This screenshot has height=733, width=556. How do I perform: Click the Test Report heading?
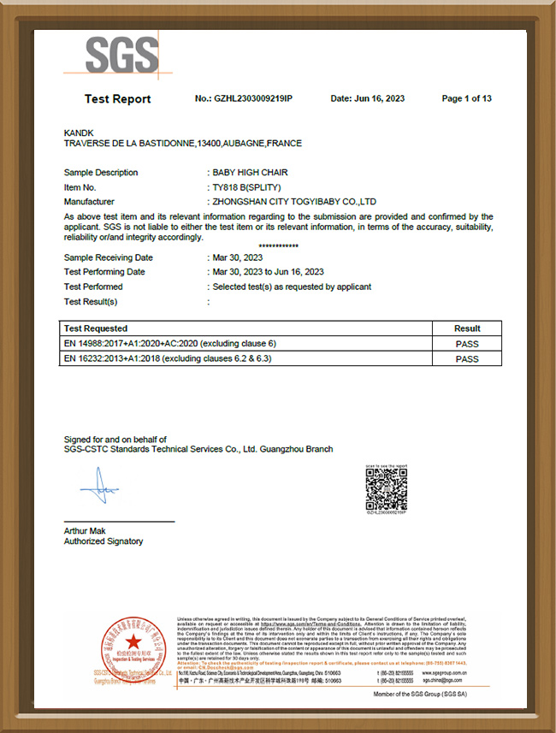pos(117,99)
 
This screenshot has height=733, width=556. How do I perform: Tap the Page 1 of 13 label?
pos(466,99)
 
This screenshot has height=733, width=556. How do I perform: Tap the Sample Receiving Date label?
pos(109,257)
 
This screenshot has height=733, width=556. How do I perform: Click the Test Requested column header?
pos(96,328)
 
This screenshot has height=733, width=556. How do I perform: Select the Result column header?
pos(467,328)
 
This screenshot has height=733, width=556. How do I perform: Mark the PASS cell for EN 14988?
pos(467,344)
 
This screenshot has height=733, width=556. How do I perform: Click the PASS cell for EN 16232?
pos(467,359)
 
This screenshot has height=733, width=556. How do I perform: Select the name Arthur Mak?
pos(84,531)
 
